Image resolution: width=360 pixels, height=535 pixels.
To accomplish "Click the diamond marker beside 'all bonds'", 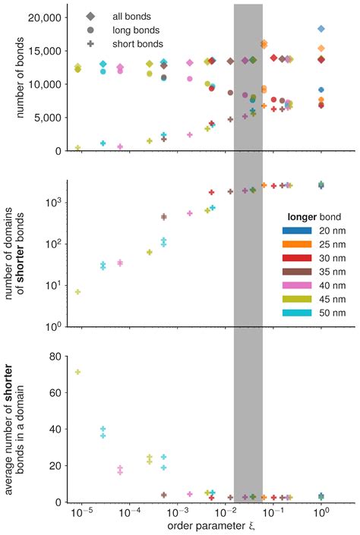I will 91,15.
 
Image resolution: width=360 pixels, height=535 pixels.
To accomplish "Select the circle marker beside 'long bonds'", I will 91,30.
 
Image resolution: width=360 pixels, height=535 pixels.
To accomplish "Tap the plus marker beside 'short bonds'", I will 91,44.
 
